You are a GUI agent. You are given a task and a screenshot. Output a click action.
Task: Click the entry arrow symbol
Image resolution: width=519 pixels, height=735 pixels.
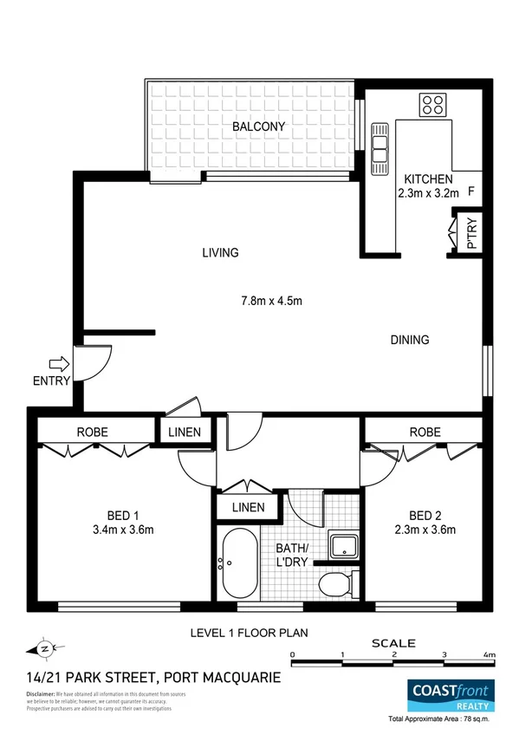59,365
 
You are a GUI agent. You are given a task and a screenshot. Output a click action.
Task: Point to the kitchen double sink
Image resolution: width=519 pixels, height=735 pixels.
380,146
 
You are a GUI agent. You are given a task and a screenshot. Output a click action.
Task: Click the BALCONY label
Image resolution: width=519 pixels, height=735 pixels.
258,127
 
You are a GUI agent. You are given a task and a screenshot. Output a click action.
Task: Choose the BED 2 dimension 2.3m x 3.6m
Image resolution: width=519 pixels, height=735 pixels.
425,530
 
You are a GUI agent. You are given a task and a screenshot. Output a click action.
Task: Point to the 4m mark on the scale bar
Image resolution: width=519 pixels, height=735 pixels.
489,654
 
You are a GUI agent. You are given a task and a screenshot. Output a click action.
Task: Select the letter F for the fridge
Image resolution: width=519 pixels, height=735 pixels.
470,192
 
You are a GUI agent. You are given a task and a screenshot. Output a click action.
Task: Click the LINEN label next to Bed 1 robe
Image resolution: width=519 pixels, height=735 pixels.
185,432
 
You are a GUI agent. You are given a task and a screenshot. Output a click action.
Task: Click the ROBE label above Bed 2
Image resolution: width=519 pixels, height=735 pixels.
425,432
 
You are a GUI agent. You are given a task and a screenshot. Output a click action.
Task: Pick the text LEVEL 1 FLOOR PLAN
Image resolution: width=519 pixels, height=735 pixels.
250,633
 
